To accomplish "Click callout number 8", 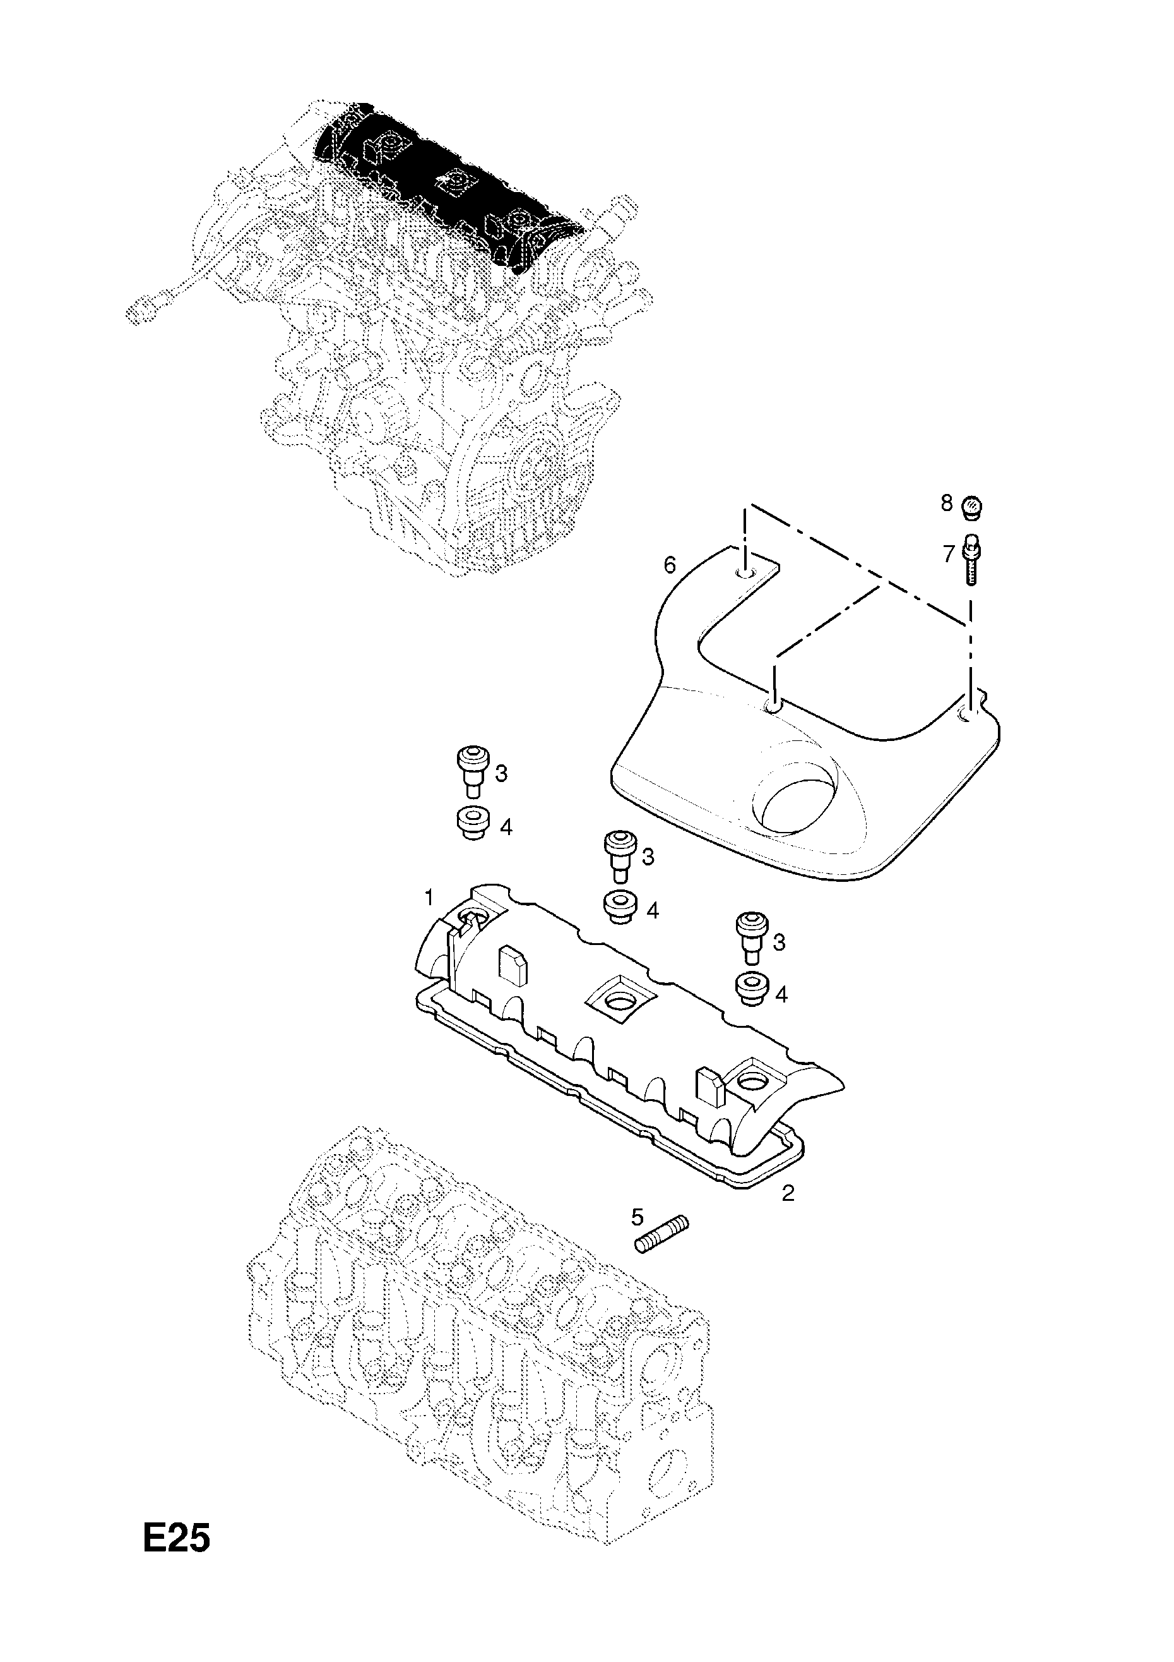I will tap(947, 503).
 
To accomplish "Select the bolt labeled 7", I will tap(971, 558).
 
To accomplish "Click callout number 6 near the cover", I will tap(670, 565).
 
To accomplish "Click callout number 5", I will tap(637, 1217).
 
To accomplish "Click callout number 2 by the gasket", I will tap(788, 1193).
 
